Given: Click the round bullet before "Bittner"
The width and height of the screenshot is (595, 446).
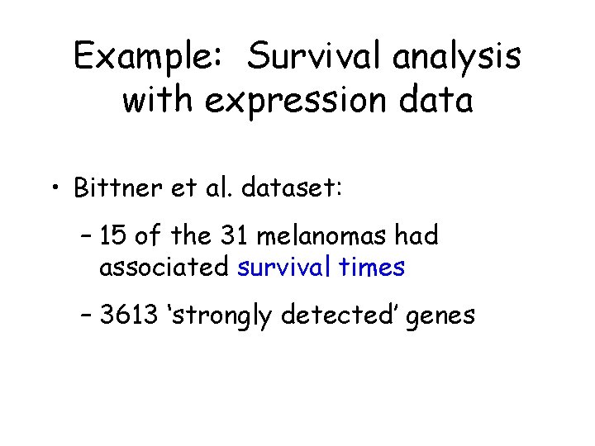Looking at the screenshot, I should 55,190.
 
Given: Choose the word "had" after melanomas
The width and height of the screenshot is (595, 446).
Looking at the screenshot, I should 416,237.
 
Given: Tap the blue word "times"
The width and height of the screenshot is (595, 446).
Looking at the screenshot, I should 375,268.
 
